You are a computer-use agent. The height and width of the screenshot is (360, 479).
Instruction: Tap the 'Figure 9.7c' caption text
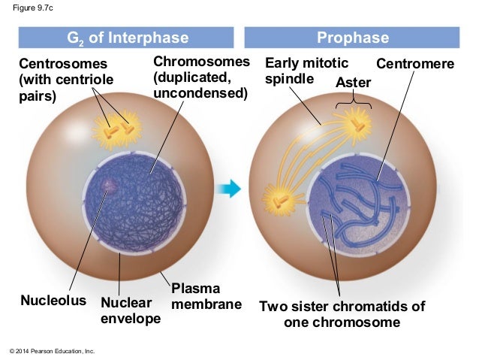point(32,9)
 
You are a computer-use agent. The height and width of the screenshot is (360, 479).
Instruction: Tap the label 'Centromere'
point(415,65)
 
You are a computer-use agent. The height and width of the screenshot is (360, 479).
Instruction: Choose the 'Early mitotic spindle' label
point(297,71)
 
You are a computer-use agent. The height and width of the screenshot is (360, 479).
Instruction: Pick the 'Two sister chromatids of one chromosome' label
point(342,314)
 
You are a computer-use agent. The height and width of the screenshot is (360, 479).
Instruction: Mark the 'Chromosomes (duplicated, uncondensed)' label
point(199,77)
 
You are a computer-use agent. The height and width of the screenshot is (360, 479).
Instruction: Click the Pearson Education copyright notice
point(52,351)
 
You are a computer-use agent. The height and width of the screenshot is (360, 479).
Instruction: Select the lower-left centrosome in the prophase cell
point(280,201)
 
